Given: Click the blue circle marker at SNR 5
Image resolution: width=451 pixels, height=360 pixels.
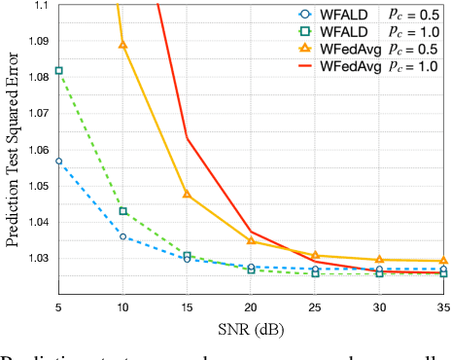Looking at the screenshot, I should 58,161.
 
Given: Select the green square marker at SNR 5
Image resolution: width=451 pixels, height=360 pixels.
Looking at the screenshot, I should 58,71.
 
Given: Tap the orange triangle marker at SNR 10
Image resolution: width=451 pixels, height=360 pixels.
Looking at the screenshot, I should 122,44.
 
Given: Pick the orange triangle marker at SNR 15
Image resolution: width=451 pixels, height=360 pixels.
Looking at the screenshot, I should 187,194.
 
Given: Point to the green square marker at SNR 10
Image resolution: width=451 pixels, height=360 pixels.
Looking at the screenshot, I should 122,211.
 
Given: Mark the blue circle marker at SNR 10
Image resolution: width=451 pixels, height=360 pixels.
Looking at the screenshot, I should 122,236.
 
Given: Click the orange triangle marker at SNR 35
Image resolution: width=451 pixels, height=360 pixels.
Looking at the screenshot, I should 443,261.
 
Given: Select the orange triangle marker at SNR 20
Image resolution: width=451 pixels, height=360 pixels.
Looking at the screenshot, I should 251,240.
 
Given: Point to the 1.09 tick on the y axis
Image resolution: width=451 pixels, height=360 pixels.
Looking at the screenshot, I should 36,42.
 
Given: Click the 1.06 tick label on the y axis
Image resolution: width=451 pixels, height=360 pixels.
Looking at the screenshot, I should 36,150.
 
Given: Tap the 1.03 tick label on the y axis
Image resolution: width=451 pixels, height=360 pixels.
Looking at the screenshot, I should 36,258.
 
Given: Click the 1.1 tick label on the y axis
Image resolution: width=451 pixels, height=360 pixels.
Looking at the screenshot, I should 41,6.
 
